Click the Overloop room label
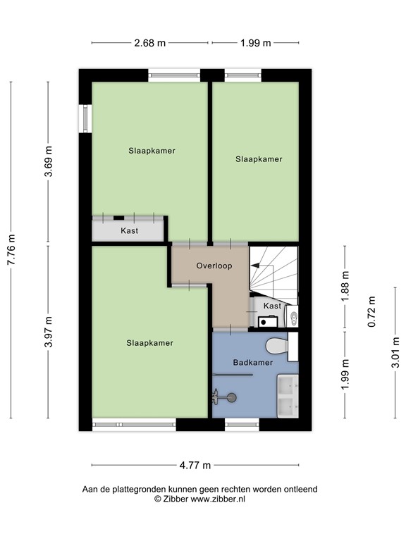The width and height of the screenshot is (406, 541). coord(214,266)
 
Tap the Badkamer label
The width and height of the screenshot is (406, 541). coord(252,363)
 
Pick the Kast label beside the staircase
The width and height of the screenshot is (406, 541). coord(272,306)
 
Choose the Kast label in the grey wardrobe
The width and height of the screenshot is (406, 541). coord(129,231)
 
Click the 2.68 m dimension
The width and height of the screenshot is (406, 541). coord(149,43)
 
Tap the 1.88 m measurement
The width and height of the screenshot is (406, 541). coord(344,287)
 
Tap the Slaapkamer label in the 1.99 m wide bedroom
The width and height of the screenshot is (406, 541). coord(259,159)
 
